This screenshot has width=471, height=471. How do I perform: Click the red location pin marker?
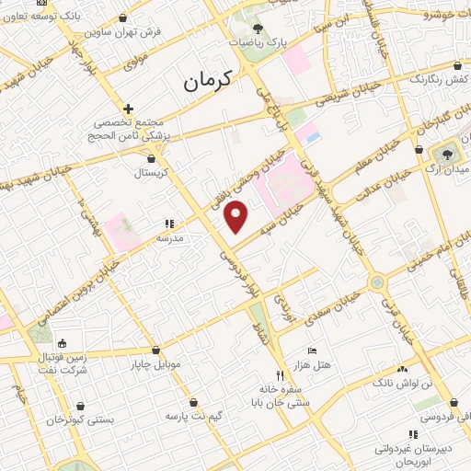pos(236,217)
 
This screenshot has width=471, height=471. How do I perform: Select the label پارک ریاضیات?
pos(257,41)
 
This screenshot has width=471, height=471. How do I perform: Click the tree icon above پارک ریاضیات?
pos(257,29)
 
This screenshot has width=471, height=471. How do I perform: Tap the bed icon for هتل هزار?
pos(311,351)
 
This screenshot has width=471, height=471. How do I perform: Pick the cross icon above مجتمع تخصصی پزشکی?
pos(129,109)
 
